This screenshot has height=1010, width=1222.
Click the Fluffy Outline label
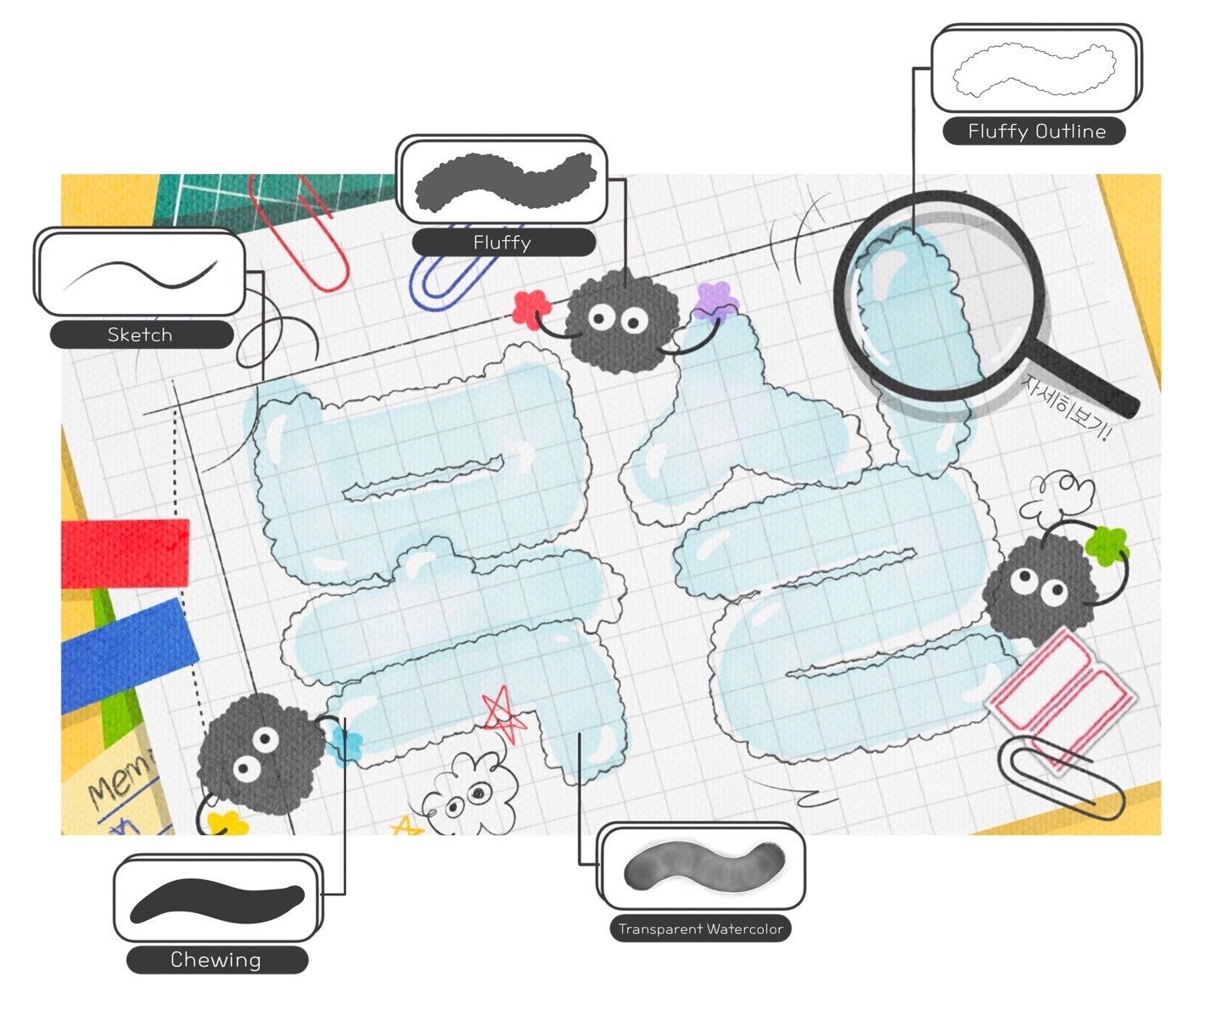tap(1035, 132)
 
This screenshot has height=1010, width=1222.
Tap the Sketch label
tap(140, 334)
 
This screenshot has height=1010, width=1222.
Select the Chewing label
tap(216, 960)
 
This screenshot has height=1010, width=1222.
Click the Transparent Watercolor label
tap(700, 929)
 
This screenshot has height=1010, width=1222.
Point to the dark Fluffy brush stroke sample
tap(504, 181)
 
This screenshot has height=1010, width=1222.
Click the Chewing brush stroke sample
tap(217, 901)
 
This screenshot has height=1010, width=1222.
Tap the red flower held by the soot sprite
tap(531, 308)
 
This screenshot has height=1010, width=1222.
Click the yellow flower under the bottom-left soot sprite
tap(227, 823)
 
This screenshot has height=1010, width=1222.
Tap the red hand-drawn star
tap(502, 715)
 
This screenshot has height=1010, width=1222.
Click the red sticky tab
tap(126, 553)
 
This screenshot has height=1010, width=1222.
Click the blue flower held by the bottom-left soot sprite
tap(348, 744)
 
